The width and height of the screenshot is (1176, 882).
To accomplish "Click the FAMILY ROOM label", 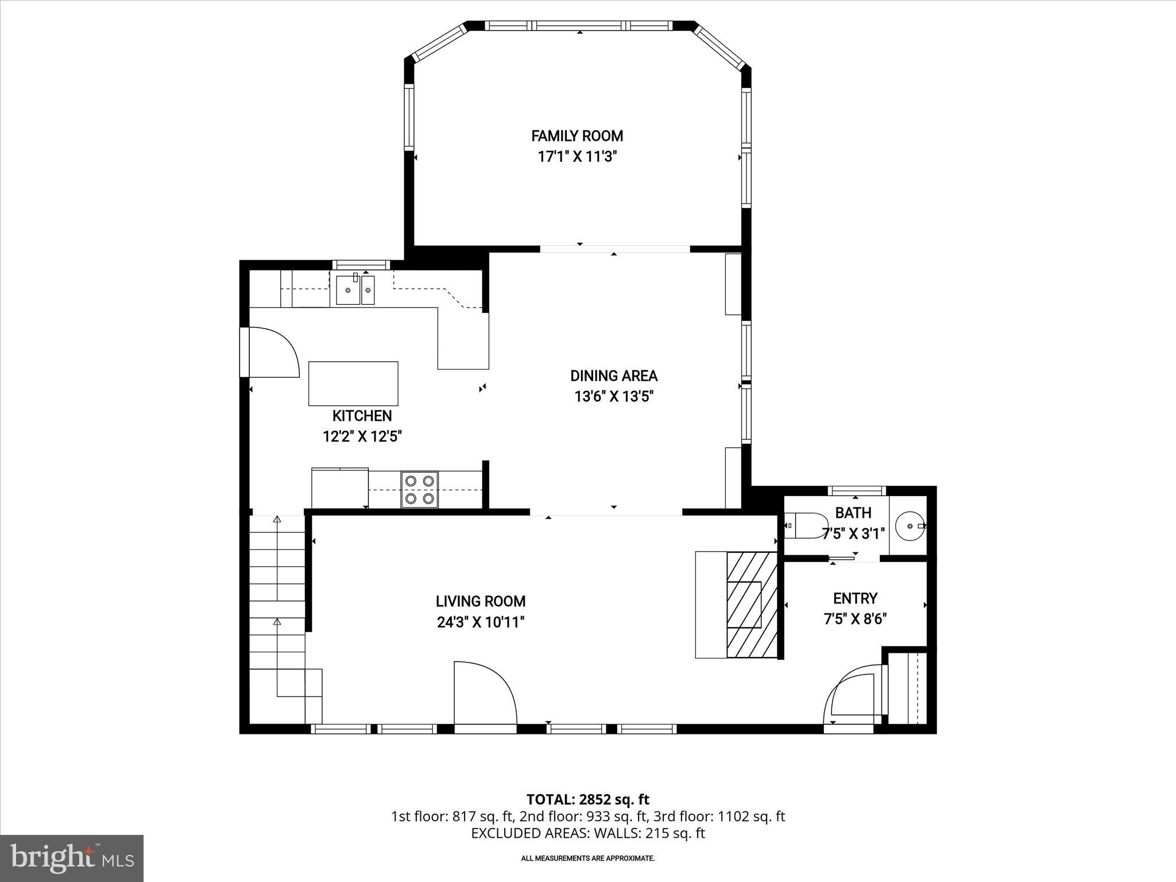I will [577, 136].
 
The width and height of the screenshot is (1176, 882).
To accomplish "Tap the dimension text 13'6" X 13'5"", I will [614, 397].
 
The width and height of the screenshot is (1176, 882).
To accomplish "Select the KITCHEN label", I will [362, 416].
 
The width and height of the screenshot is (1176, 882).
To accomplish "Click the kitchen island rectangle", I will [353, 384].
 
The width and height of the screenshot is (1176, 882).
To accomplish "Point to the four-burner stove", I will [419, 489].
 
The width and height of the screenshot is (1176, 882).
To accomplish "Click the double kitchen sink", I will [355, 290].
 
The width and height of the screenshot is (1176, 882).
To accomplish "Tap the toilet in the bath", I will [803, 525].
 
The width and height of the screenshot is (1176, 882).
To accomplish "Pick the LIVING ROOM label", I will [480, 601].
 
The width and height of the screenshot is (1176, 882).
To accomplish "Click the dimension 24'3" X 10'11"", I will [481, 622].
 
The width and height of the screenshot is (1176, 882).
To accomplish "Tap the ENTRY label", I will [855, 598].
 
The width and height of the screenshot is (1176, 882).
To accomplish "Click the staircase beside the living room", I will [277, 609].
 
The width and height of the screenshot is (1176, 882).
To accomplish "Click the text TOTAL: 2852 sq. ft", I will [587, 799].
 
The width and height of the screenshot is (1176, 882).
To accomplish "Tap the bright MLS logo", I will [72, 858].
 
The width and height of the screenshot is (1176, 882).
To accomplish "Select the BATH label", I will [853, 513].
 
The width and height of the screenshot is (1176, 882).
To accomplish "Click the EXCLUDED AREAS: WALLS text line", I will [587, 833].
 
